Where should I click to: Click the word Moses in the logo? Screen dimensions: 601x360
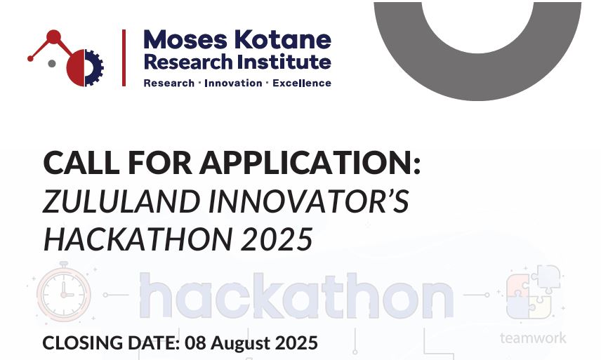click(x=185, y=39)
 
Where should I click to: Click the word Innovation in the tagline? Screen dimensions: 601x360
click(x=233, y=83)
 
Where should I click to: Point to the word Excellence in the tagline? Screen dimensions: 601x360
click(x=302, y=83)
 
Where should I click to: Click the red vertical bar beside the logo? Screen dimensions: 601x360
click(x=124, y=58)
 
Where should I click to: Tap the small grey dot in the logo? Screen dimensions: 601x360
click(x=52, y=64)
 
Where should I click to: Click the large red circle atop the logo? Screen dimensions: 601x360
click(x=53, y=36)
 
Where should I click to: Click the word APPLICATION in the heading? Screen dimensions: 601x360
click(x=310, y=162)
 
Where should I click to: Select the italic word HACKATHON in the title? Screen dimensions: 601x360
click(x=138, y=239)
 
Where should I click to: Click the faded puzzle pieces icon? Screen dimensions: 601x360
click(x=534, y=292)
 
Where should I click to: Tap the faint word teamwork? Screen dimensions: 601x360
click(x=533, y=338)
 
